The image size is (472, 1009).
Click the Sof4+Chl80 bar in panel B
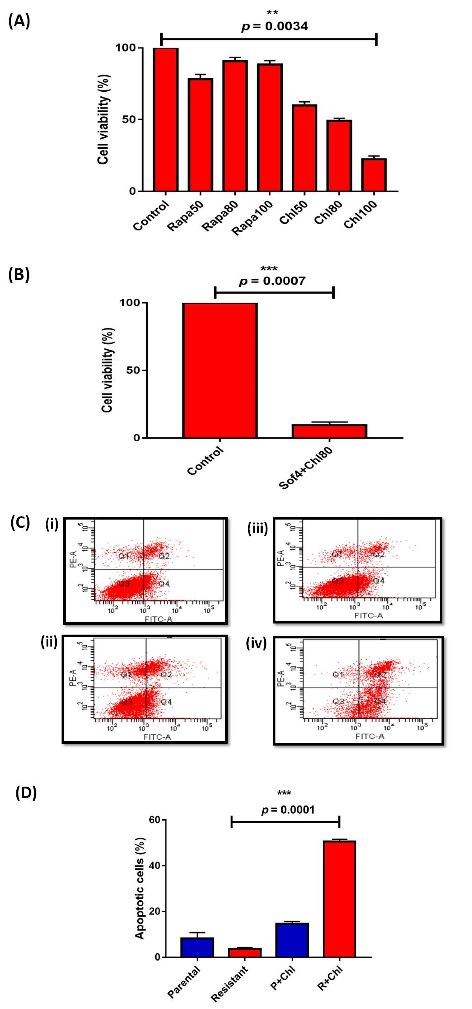[329, 431]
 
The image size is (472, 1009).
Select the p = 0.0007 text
[272, 281]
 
